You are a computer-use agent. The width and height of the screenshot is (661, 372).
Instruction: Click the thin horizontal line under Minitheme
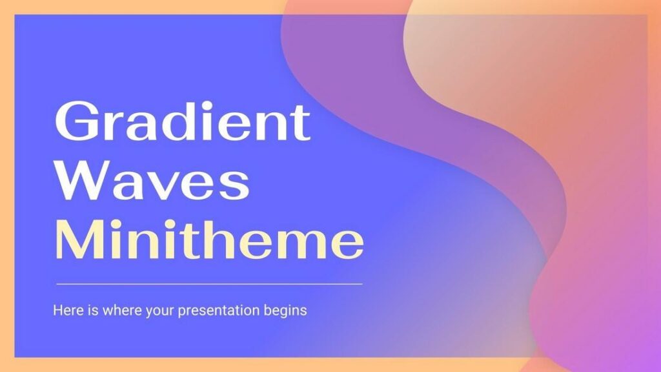click(x=209, y=284)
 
